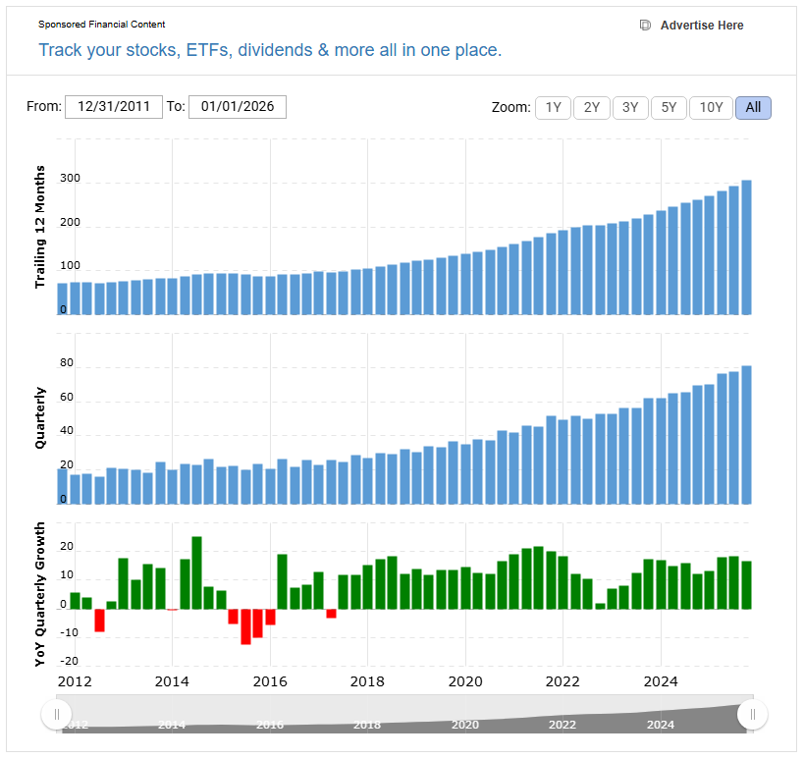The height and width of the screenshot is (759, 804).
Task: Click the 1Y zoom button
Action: (554, 108)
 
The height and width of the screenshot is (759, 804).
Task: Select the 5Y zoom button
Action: (669, 108)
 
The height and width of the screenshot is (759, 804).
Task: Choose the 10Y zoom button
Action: (711, 108)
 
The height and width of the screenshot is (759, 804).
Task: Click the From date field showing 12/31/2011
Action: (114, 107)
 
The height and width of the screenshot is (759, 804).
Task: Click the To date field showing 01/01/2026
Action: (238, 107)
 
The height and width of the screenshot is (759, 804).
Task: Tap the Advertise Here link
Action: (701, 26)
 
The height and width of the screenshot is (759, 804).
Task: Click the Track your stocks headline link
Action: (270, 50)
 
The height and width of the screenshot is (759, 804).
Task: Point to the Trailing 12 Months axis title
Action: (41, 227)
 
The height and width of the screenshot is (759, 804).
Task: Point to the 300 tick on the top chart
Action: (69, 183)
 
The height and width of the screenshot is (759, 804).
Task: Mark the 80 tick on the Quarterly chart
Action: (67, 363)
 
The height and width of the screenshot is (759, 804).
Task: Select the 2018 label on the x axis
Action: (367, 681)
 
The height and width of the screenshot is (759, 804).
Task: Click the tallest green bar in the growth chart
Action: (196, 572)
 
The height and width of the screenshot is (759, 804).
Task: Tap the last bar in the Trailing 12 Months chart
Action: (746, 247)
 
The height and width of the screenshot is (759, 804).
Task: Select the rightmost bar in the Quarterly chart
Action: (746, 435)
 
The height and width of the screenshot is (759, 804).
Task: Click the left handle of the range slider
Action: (57, 714)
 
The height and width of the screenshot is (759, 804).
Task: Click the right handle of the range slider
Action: (753, 714)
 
